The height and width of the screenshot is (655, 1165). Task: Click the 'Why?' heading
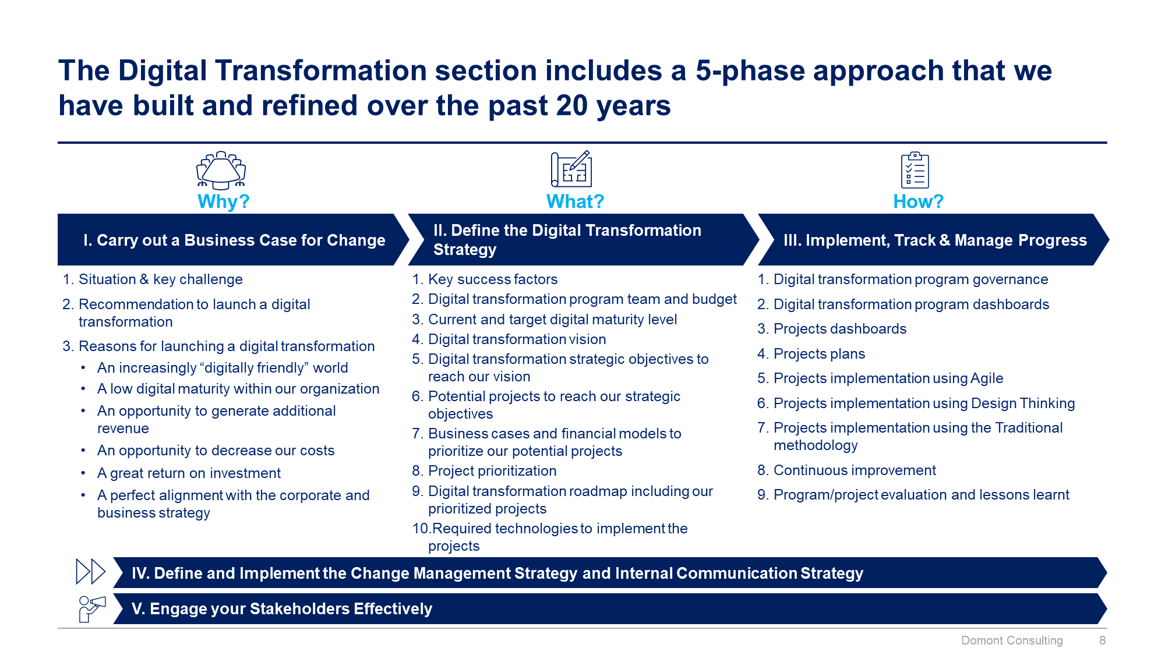(x=223, y=201)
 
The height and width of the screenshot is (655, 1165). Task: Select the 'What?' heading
(x=575, y=201)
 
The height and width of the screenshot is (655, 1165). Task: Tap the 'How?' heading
(x=918, y=201)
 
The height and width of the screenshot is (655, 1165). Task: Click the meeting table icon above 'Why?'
(x=221, y=170)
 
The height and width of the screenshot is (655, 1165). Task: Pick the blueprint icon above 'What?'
(x=571, y=169)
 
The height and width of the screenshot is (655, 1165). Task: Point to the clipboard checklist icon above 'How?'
(x=915, y=170)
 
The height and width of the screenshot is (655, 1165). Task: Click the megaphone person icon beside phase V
(x=92, y=609)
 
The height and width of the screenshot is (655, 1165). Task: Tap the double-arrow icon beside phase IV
(x=90, y=571)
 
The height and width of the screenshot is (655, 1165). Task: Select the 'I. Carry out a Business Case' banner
(x=233, y=240)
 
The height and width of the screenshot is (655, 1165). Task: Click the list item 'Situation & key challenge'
(x=161, y=279)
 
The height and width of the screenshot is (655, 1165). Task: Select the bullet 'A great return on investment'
(x=189, y=473)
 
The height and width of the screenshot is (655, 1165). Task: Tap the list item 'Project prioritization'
(x=492, y=471)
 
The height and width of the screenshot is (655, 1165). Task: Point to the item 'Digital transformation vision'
(x=517, y=339)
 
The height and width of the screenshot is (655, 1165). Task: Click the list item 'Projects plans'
(x=819, y=354)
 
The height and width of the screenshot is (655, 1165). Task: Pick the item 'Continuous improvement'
(x=855, y=470)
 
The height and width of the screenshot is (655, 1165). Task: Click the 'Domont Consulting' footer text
(x=1012, y=640)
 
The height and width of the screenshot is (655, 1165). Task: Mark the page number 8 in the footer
(x=1102, y=640)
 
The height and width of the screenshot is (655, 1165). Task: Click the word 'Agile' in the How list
(x=987, y=378)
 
